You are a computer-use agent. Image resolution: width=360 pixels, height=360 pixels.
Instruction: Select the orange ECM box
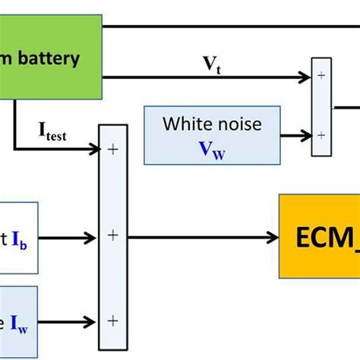click(319, 236)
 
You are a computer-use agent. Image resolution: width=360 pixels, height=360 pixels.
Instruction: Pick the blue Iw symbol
click(17, 323)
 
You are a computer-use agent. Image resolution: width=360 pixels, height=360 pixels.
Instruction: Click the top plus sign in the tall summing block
click(113, 150)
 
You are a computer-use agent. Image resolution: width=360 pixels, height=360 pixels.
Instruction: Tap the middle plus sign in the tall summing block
click(113, 236)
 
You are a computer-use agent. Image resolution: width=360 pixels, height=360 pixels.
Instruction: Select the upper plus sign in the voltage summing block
click(320, 76)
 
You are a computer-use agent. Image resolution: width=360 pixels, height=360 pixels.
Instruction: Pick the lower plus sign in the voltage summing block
click(320, 134)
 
